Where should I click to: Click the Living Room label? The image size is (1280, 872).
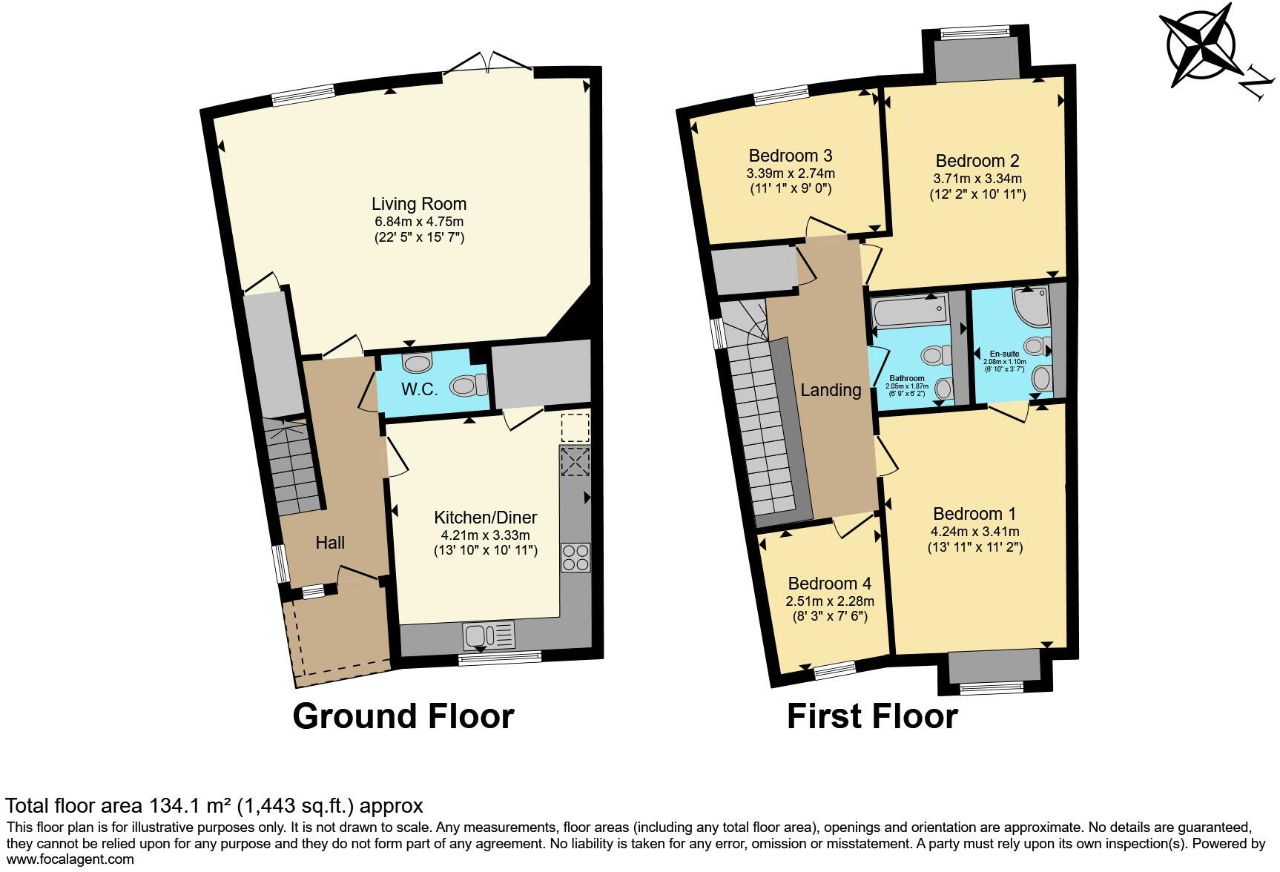(x=419, y=203)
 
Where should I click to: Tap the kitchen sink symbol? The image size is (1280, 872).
(x=488, y=635)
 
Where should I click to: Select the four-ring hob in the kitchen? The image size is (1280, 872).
(x=575, y=558)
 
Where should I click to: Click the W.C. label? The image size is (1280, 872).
(x=419, y=389)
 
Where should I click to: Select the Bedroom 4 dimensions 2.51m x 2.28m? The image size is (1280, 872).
(x=830, y=601)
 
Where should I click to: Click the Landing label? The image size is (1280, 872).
(x=831, y=390)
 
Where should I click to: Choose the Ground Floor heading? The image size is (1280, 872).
(x=403, y=716)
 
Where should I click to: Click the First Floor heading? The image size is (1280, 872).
(x=872, y=716)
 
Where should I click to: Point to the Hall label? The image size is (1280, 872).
(x=330, y=543)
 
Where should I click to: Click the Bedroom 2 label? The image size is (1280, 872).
(x=977, y=161)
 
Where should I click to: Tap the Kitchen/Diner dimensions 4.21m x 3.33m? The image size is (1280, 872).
(x=485, y=535)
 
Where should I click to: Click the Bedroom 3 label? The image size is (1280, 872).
(x=790, y=156)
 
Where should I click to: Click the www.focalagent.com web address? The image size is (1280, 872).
(x=70, y=859)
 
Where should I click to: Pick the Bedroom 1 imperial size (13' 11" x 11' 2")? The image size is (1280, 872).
(x=974, y=548)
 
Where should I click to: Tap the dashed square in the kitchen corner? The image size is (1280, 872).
(x=575, y=428)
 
